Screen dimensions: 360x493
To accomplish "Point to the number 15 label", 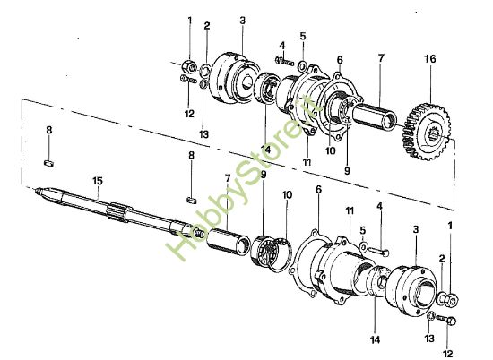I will [96, 180].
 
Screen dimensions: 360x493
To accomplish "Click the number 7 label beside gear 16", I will [380, 58].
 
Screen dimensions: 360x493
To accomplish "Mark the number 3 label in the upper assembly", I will [243, 21].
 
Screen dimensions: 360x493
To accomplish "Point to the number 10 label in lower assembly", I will [287, 195].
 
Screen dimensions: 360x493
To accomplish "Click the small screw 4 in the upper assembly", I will [281, 61].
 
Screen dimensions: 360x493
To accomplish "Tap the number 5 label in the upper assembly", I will [302, 37].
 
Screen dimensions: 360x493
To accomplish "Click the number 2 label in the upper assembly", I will [207, 26].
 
